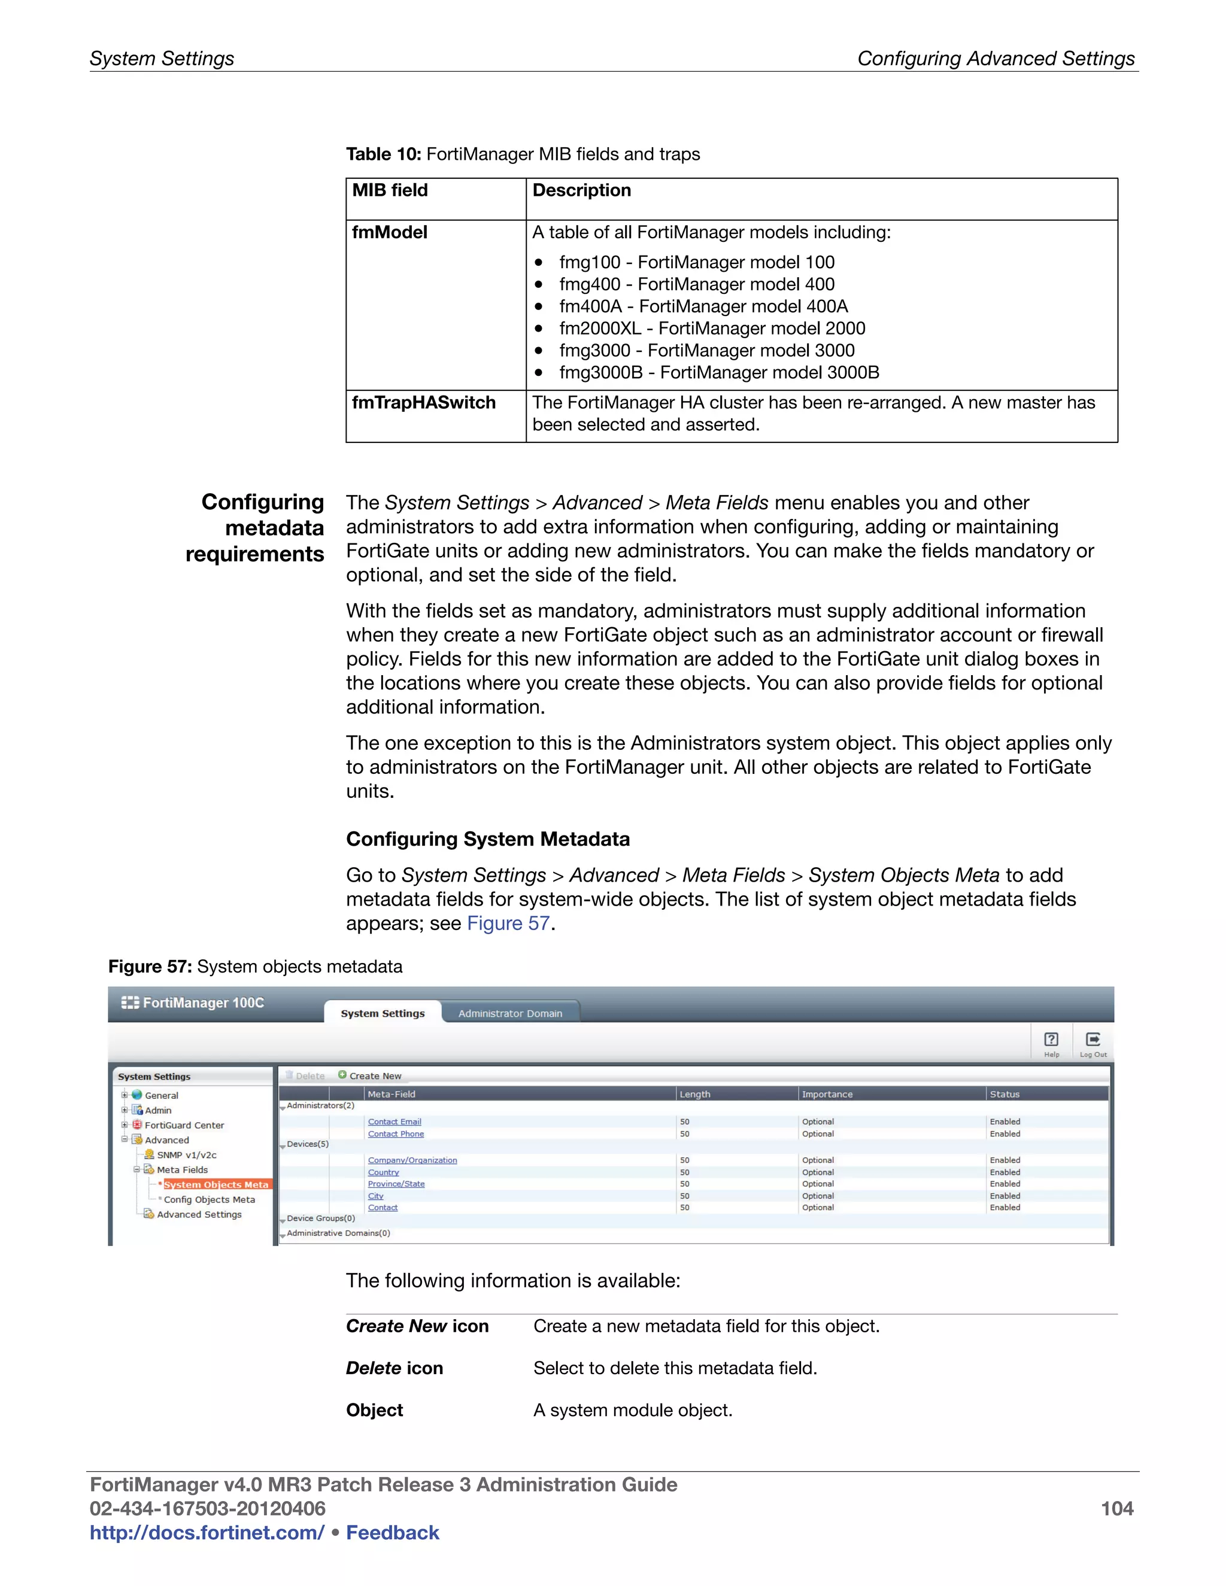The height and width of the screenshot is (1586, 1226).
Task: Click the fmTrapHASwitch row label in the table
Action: click(423, 402)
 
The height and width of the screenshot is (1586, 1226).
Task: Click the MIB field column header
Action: click(390, 190)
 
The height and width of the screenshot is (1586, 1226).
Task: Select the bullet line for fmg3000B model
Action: click(718, 372)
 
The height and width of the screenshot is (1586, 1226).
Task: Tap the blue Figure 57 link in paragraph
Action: click(508, 923)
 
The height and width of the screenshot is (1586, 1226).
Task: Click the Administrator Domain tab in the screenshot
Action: click(510, 1013)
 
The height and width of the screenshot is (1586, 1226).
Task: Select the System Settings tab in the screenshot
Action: click(383, 1013)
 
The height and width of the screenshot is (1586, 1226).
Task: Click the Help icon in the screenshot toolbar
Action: click(1051, 1042)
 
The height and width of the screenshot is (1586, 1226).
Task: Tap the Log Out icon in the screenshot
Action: click(1093, 1042)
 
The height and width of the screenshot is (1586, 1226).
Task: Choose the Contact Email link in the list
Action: click(394, 1121)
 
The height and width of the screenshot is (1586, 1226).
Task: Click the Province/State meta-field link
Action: click(396, 1184)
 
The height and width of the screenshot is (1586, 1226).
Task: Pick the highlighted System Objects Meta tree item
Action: click(216, 1184)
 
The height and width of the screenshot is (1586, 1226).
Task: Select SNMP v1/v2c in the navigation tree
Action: click(187, 1154)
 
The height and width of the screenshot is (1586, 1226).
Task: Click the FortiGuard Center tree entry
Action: click(184, 1125)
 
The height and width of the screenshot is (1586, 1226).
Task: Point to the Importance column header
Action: click(827, 1093)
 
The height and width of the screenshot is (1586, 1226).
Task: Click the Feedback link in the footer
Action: click(392, 1532)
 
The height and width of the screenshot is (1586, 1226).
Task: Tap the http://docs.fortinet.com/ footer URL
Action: click(207, 1532)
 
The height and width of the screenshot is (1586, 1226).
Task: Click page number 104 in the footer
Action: click(1116, 1508)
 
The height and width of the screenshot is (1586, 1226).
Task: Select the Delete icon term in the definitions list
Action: click(394, 1368)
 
